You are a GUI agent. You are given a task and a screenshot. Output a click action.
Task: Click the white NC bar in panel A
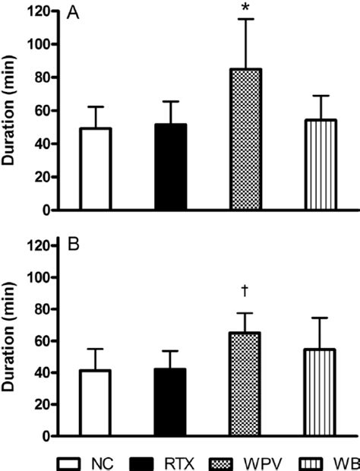tap(96, 169)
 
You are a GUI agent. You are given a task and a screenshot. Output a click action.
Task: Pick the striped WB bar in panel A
tap(319, 165)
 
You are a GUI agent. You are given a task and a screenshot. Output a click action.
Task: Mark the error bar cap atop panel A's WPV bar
tap(245, 19)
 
